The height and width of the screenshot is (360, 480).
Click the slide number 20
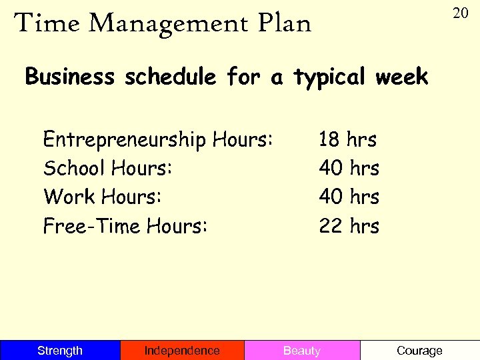coord(460,13)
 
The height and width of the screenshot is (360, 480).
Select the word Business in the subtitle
coord(69,77)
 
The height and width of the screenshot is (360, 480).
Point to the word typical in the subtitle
coord(329,78)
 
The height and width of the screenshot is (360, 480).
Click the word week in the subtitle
coord(401,77)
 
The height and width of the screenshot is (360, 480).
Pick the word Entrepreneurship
coord(125,141)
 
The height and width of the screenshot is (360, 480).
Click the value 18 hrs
coord(348,140)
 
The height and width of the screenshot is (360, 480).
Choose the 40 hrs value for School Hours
coord(349,169)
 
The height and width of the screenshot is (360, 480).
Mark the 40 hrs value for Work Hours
coord(349,197)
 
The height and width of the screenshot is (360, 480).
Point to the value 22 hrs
coord(349,226)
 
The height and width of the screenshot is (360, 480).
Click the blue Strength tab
coord(60,351)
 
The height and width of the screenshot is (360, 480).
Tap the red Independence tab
coord(182,351)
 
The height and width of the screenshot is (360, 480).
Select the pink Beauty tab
coord(302,351)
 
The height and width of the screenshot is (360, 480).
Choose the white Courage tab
coord(419,351)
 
